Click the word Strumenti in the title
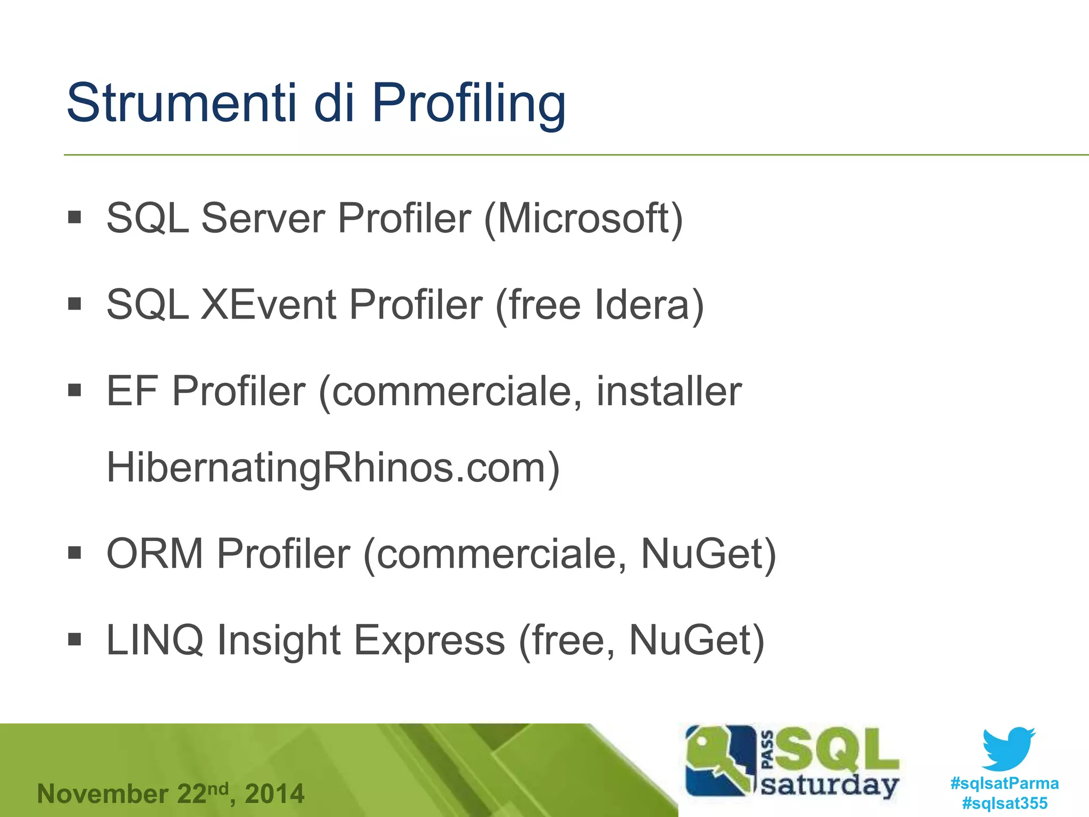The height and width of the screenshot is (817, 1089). click(181, 102)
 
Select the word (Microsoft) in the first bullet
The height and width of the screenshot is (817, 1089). click(583, 218)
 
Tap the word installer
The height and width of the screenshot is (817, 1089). click(668, 391)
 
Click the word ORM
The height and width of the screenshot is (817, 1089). click(155, 554)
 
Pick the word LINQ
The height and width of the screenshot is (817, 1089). click(155, 640)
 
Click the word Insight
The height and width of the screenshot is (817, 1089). click(279, 640)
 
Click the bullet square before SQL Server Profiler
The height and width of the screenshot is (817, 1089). click(74, 217)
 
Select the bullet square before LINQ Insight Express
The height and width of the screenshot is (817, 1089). click(74, 638)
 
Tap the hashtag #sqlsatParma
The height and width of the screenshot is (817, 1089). click(1004, 783)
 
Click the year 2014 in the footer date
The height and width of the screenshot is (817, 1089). click(274, 794)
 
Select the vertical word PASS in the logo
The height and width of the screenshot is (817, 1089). click(768, 750)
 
